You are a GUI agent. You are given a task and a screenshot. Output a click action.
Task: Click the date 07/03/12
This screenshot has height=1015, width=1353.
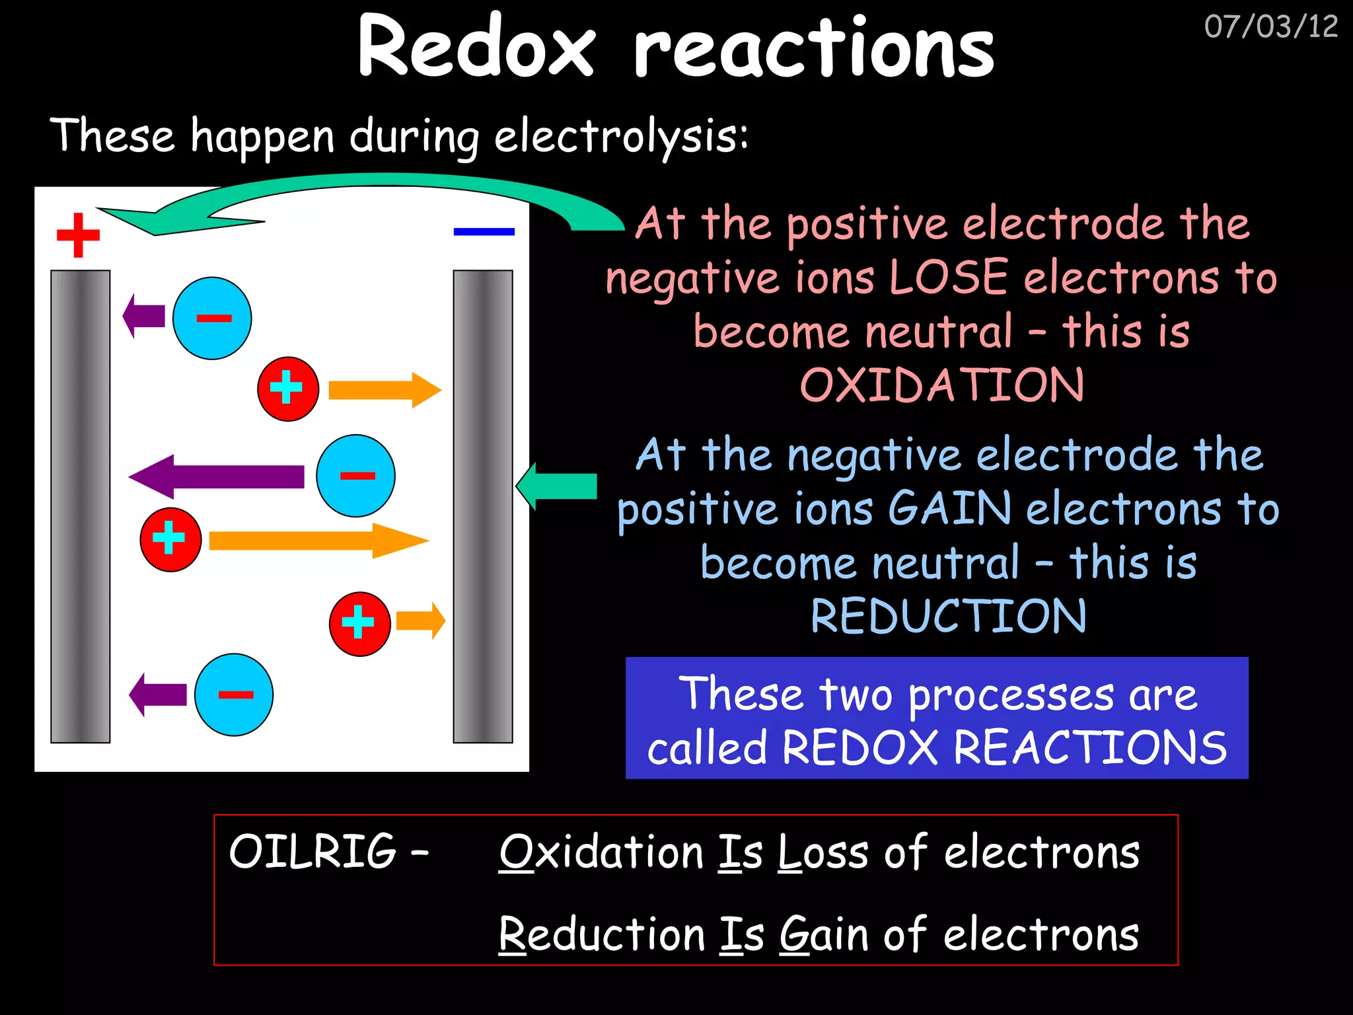click(1270, 27)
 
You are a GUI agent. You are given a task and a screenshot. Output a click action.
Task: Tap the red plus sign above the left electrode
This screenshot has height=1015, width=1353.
click(78, 235)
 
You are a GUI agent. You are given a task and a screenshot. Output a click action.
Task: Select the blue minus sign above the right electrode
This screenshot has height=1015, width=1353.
click(484, 231)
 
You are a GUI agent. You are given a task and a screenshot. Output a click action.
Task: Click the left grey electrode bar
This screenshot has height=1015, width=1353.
click(81, 506)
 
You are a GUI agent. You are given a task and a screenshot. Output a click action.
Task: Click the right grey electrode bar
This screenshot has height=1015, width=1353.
click(482, 506)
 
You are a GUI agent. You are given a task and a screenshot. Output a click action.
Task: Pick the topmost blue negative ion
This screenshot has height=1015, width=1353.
click(212, 319)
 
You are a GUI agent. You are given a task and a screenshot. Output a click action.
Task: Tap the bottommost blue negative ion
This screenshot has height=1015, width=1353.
click(234, 695)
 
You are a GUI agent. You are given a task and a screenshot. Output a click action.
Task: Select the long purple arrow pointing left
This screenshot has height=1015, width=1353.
click(217, 476)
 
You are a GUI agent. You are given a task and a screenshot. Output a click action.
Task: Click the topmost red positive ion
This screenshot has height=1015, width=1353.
click(288, 389)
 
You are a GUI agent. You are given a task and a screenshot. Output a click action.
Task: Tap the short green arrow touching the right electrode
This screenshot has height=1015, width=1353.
click(557, 486)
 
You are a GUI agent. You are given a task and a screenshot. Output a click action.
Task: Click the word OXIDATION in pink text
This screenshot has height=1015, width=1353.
click(941, 385)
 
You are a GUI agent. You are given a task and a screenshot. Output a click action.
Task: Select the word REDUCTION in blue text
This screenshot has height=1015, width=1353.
click(948, 617)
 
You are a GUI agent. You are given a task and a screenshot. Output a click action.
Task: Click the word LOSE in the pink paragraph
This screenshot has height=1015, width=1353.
click(949, 278)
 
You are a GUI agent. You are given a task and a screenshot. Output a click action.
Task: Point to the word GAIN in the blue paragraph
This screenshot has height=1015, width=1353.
click(949, 509)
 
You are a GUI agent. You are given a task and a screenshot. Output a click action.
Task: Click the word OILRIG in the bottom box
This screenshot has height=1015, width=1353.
click(312, 851)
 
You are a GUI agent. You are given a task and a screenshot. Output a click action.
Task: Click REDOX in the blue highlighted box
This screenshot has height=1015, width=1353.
click(859, 748)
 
